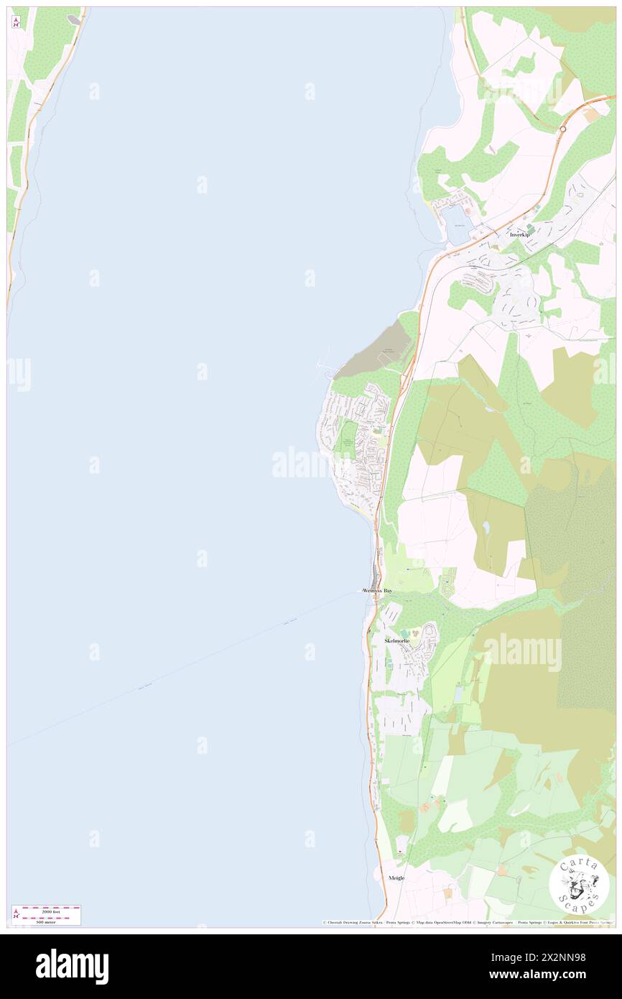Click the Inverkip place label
click(x=519, y=235)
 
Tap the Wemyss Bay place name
click(x=378, y=591)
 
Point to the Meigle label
click(x=396, y=878)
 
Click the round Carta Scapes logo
click(x=579, y=885)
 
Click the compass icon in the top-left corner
click(x=16, y=22)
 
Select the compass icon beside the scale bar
click(x=16, y=915)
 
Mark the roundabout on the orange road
click(x=562, y=129)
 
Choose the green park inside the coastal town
click(x=347, y=438)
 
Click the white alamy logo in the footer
click(x=72, y=966)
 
